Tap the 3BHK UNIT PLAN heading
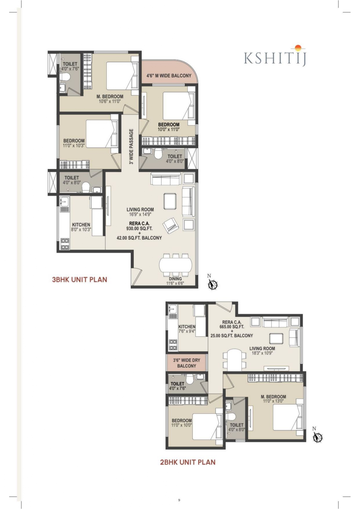coord(79,280)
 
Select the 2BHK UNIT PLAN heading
coord(188,462)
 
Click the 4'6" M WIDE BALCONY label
coord(169,76)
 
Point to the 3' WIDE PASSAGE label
coord(131,147)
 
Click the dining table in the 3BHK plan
coord(176,265)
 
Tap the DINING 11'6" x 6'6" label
coord(175,281)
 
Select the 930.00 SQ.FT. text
coord(139,228)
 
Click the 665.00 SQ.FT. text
coord(232,327)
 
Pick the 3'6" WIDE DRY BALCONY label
coord(187,363)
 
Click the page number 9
coord(179,500)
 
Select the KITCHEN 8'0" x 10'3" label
coord(81,227)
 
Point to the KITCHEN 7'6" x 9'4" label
coord(187,328)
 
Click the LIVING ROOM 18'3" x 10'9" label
coord(262,351)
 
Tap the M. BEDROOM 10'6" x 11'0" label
coord(110,99)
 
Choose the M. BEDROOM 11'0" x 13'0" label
coord(273,399)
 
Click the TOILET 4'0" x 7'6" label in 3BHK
coord(70,66)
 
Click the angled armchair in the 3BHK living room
coord(171,225)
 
